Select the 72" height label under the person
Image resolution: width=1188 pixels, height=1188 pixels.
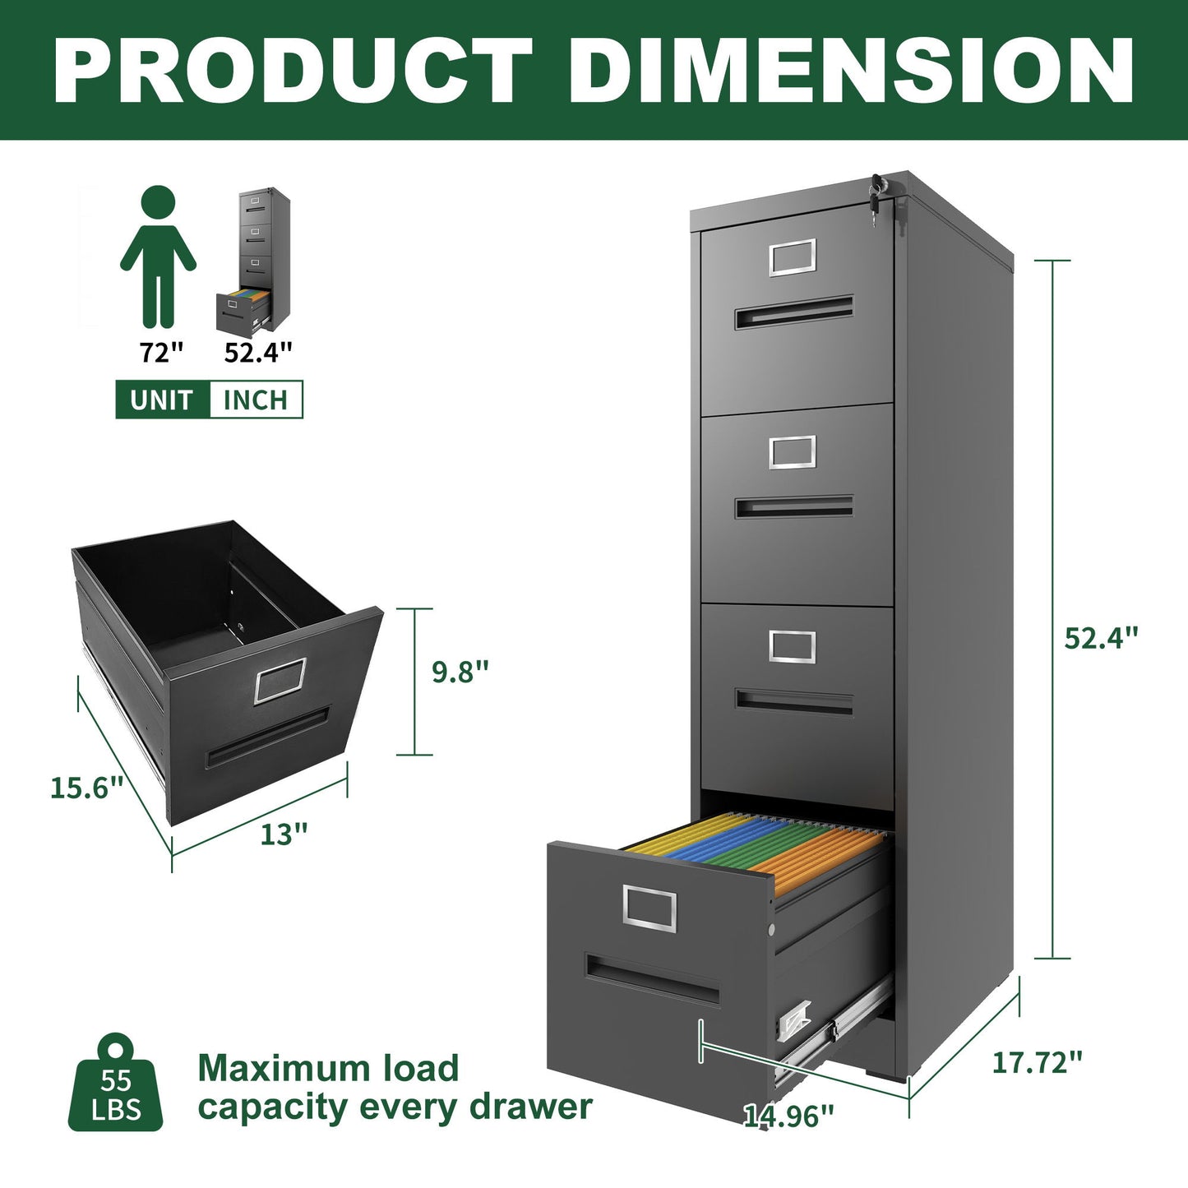[161, 353]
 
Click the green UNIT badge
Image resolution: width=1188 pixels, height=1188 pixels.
[162, 400]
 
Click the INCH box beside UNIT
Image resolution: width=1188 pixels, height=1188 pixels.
[256, 400]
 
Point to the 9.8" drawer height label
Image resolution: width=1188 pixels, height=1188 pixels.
[460, 672]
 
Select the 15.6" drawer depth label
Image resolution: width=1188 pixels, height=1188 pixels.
[86, 788]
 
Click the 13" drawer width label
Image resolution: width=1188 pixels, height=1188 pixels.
[284, 834]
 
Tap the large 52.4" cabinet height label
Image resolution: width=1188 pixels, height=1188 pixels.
[1102, 637]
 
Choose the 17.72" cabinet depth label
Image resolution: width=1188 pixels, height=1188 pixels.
[1037, 1062]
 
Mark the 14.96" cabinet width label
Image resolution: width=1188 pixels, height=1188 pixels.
[788, 1116]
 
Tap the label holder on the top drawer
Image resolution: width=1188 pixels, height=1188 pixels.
[793, 257]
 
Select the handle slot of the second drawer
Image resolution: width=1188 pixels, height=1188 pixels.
[793, 506]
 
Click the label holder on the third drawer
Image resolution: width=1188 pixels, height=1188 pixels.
[793, 646]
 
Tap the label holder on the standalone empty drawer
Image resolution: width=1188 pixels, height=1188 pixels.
[280, 681]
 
